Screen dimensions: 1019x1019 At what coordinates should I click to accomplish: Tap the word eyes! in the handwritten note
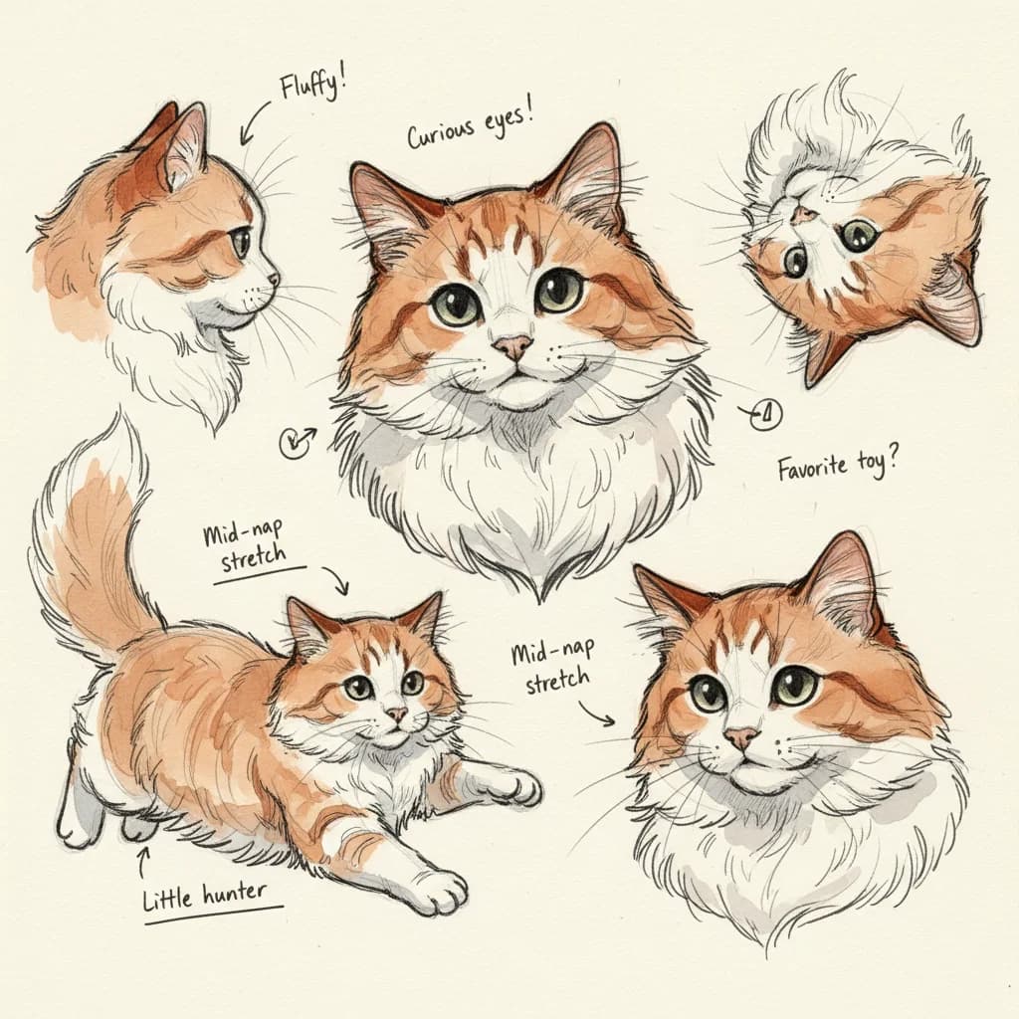(509, 119)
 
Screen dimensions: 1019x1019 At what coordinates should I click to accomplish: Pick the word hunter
(235, 893)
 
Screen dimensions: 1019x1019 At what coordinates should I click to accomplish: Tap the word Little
(167, 899)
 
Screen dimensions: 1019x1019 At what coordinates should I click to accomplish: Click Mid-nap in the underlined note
(243, 533)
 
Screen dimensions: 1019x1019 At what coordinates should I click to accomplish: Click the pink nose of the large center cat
(512, 347)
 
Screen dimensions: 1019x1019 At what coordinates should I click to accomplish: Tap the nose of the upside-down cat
(804, 215)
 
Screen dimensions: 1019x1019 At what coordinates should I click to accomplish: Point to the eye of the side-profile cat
(241, 241)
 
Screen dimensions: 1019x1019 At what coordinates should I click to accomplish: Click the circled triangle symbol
(767, 414)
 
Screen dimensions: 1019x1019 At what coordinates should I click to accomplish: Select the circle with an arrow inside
(295, 443)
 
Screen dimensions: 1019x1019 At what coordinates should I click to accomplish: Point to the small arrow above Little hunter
(143, 859)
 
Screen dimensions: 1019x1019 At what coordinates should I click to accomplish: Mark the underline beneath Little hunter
(214, 915)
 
